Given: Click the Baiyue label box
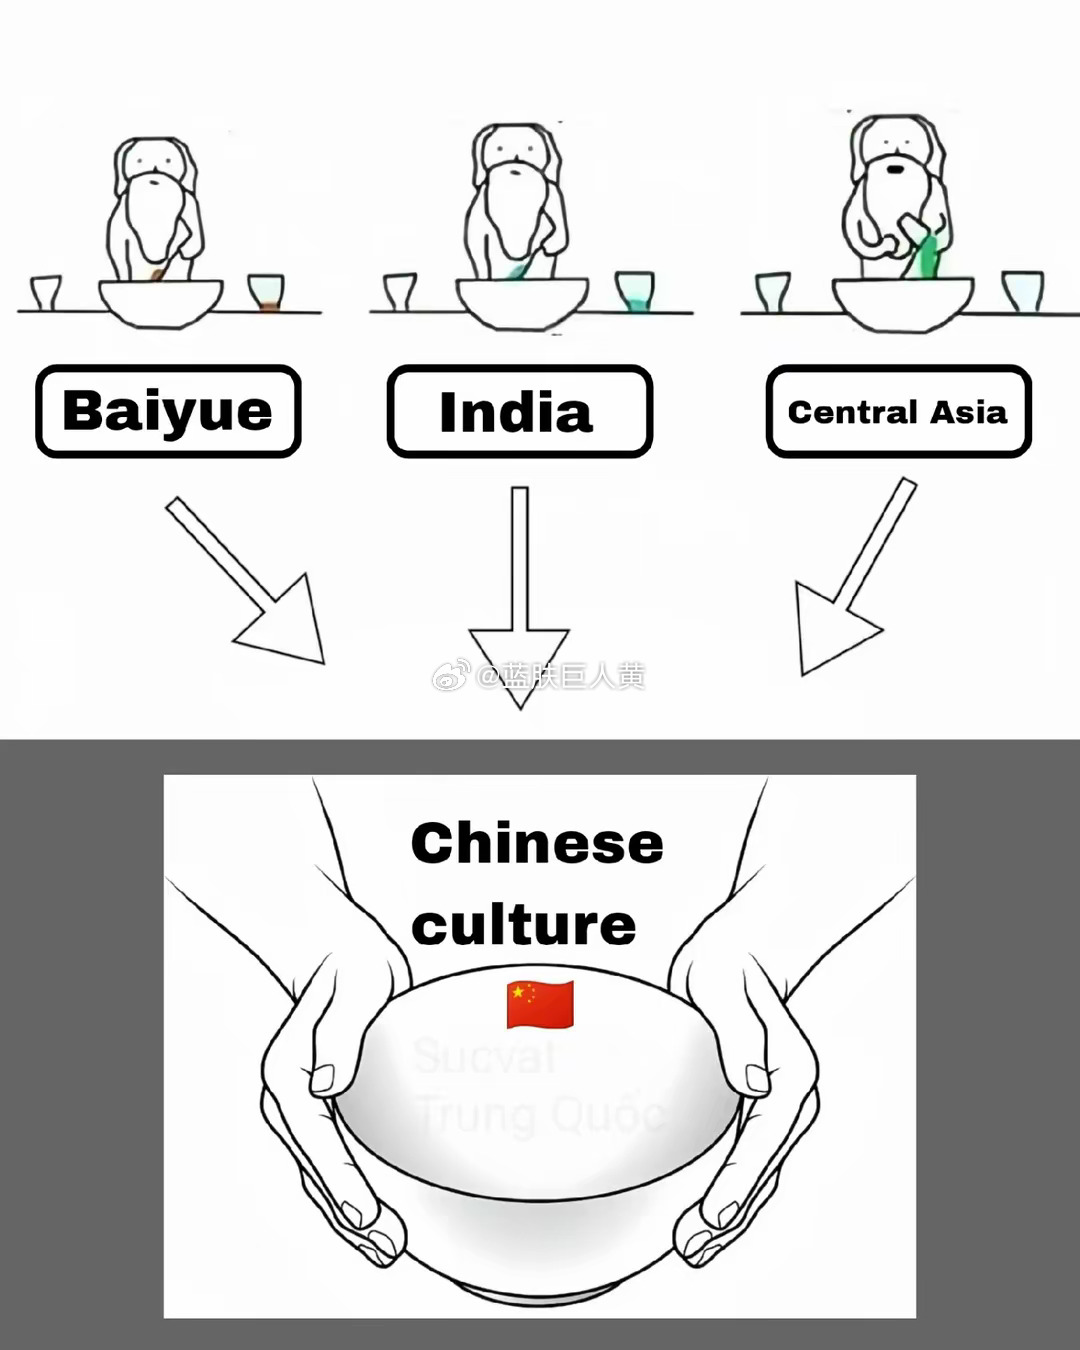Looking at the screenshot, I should click(x=168, y=411).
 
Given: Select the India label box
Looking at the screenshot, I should click(x=519, y=411).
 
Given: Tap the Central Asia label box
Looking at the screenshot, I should click(x=898, y=411).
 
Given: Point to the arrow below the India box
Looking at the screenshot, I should click(x=519, y=600).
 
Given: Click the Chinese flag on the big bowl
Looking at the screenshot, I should click(x=540, y=1004).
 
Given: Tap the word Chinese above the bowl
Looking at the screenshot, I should click(x=537, y=843).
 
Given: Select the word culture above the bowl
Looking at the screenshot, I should click(x=523, y=924).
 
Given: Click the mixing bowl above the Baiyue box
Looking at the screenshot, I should click(x=160, y=301).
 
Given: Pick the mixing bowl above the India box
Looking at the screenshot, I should click(x=521, y=301).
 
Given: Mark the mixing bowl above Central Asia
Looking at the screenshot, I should click(x=902, y=301).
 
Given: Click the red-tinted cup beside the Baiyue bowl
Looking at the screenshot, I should click(x=266, y=292).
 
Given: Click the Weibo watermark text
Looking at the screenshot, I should click(x=540, y=676).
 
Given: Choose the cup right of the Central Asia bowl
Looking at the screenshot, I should click(x=1022, y=290).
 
